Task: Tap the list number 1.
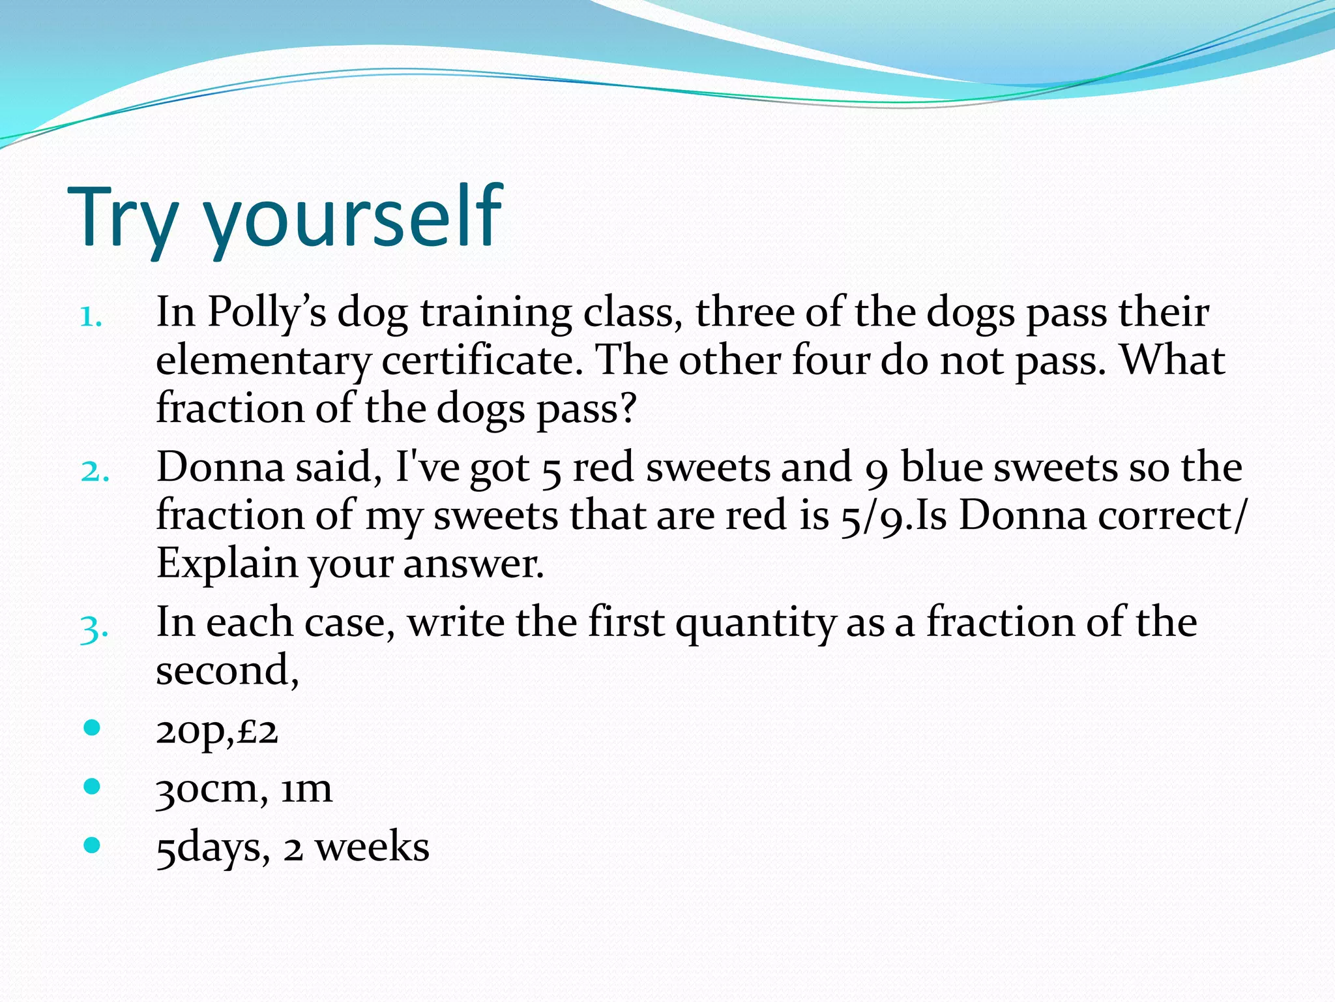coord(91,318)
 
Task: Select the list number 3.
coord(94,630)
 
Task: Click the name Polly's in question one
coord(267,313)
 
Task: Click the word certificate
coord(481,361)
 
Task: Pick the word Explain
coord(226,564)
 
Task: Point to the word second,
coord(227,671)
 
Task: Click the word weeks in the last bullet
coord(372,848)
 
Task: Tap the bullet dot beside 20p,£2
coord(92,727)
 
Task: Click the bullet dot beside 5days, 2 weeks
coord(92,845)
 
